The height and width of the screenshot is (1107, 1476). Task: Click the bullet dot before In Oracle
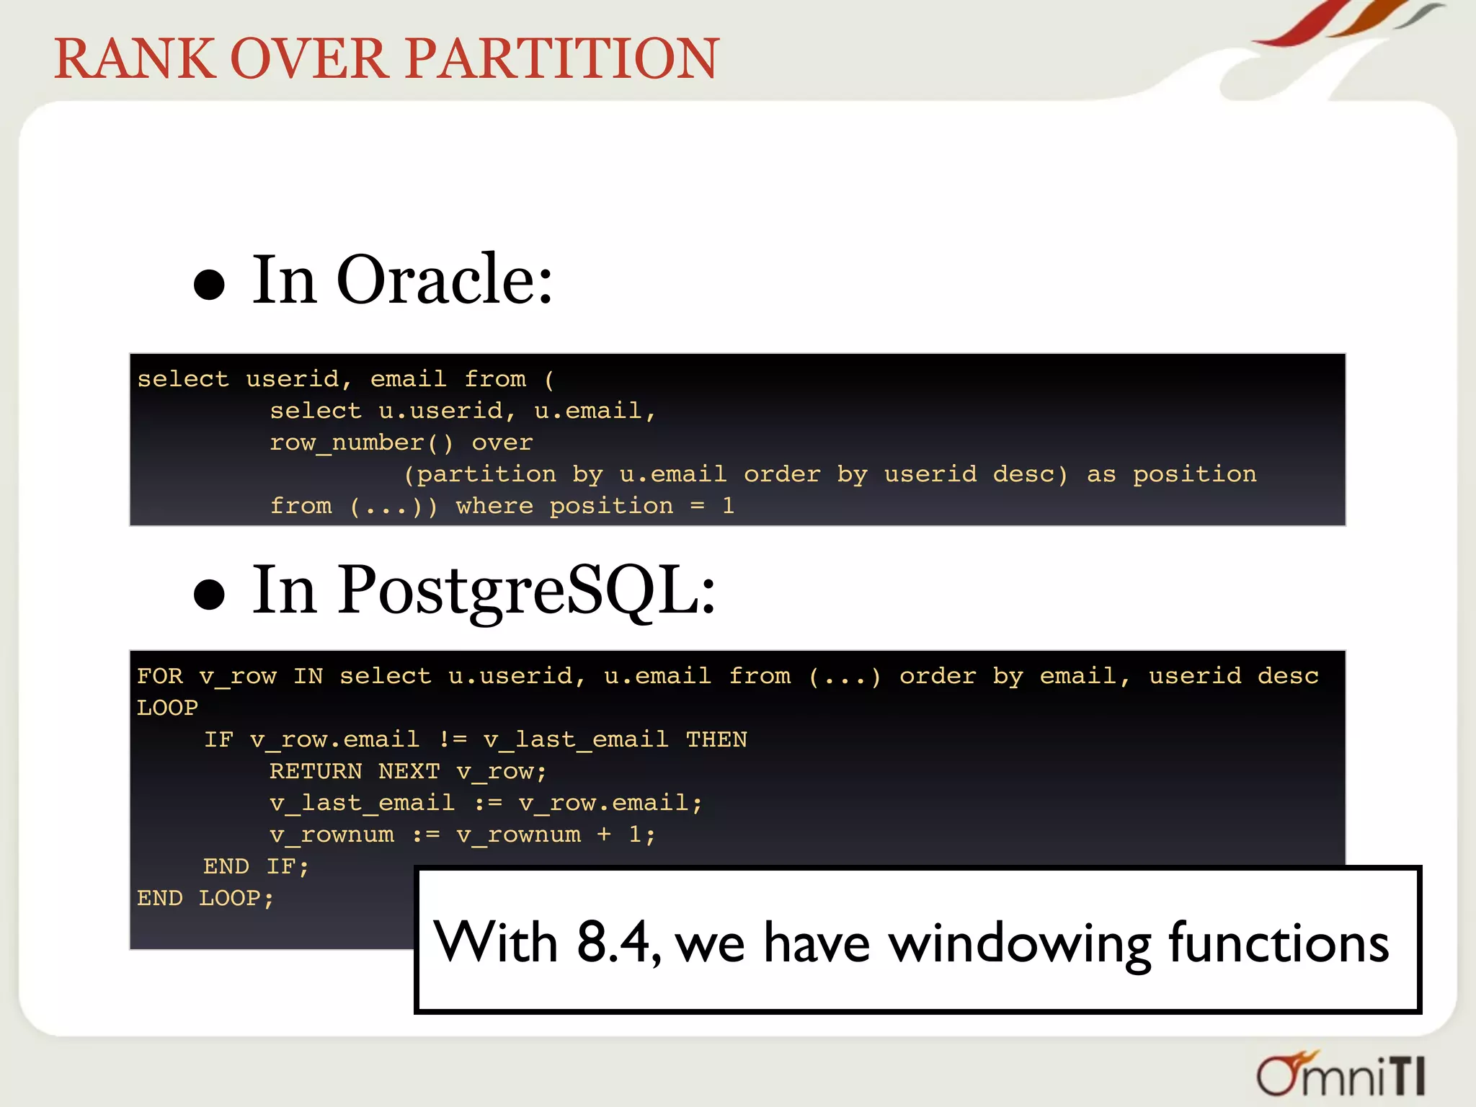(x=210, y=284)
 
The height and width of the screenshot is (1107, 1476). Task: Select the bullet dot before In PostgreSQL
(x=210, y=595)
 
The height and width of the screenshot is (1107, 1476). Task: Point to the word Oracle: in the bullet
(x=445, y=280)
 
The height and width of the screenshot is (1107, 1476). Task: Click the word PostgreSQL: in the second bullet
(x=528, y=591)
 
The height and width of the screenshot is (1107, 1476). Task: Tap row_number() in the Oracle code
(x=361, y=443)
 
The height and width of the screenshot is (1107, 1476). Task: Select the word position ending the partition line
(x=1194, y=474)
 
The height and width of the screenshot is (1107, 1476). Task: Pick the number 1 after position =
(x=729, y=506)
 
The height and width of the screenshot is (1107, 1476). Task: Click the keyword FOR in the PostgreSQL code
(x=160, y=676)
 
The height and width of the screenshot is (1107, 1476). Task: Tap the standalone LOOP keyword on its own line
(x=167, y=708)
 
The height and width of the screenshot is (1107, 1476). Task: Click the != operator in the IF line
(x=453, y=739)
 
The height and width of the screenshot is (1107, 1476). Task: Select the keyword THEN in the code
(x=716, y=739)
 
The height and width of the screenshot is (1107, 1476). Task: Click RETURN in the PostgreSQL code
(x=316, y=771)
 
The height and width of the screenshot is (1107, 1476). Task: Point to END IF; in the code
(x=256, y=866)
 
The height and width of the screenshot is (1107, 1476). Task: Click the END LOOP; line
(x=205, y=898)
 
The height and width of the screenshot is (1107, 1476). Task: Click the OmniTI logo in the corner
(x=1341, y=1075)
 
